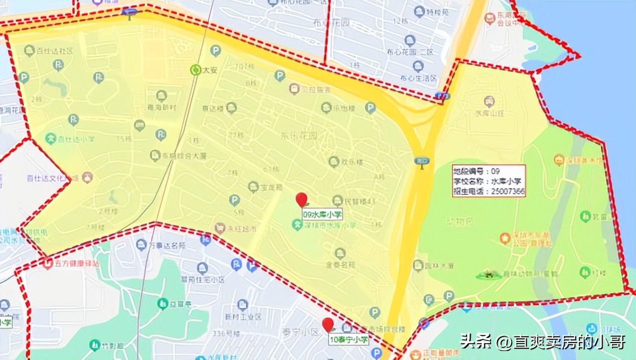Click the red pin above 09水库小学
pyautogui.click(x=301, y=199)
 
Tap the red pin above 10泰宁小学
pyautogui.click(x=328, y=324)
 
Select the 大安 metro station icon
pyautogui.click(x=196, y=70)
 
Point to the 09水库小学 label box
pyautogui.click(x=323, y=214)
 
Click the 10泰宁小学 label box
pyautogui.click(x=349, y=340)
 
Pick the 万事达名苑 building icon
pyautogui.click(x=141, y=245)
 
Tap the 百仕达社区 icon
pyautogui.click(x=30, y=50)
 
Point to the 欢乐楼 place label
pyautogui.click(x=352, y=161)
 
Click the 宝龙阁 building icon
pyautogui.click(x=253, y=187)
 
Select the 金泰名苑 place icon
pyautogui.click(x=341, y=253)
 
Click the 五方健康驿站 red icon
pyautogui.click(x=48, y=262)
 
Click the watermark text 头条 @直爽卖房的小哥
pyautogui.click(x=543, y=342)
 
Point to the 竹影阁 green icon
pyautogui.click(x=94, y=344)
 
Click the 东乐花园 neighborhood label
pyautogui.click(x=299, y=135)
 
